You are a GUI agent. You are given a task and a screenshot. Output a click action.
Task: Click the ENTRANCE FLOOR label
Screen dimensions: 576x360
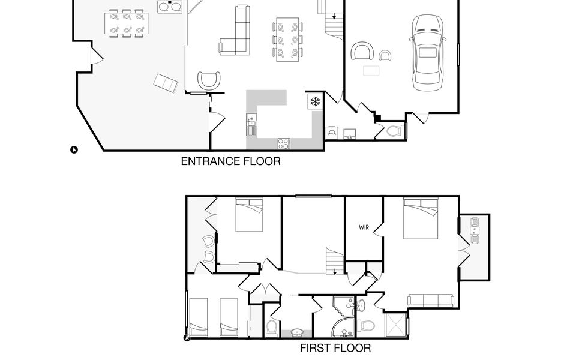click(230, 161)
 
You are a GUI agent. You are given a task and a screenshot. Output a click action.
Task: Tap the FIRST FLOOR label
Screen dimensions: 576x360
click(335, 348)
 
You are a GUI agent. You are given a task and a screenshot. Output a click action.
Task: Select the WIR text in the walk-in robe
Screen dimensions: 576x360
click(364, 227)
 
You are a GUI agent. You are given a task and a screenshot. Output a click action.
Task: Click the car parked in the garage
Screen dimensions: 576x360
click(428, 53)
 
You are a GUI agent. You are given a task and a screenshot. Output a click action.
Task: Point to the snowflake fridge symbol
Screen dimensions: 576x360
click(315, 101)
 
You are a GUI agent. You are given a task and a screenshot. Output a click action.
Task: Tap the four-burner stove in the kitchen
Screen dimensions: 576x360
click(284, 143)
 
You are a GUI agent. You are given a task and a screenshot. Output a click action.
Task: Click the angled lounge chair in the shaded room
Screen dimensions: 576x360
click(166, 83)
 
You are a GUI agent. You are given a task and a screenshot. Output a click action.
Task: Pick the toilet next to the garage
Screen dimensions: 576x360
click(395, 131)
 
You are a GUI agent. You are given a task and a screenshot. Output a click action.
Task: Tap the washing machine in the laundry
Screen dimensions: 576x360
click(332, 133)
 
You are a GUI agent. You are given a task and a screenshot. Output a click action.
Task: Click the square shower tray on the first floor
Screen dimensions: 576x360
click(396, 325)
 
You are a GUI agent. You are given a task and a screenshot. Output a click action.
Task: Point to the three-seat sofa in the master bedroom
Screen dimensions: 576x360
click(431, 300)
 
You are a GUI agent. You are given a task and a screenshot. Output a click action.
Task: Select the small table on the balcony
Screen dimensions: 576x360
click(475, 230)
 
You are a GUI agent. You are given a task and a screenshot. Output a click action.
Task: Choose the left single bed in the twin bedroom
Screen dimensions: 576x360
click(198, 317)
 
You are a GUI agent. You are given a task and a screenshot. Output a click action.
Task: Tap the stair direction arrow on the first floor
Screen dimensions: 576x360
click(335, 271)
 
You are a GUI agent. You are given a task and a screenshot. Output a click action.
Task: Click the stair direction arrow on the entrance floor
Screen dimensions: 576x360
click(334, 16)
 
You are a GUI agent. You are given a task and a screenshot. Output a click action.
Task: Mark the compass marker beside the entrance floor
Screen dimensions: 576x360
click(74, 149)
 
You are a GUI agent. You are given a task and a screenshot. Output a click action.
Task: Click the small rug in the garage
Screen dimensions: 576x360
click(371, 71)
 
